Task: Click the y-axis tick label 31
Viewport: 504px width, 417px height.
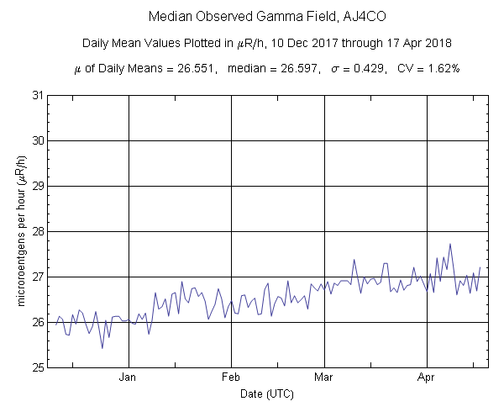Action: [x=36, y=95]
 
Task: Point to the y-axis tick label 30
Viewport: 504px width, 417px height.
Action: [x=36, y=140]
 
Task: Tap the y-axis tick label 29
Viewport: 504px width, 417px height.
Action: [x=36, y=186]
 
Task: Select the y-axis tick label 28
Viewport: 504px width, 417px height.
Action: [x=36, y=231]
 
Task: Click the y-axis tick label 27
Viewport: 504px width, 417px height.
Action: [x=36, y=277]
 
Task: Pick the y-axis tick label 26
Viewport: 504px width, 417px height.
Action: [x=36, y=322]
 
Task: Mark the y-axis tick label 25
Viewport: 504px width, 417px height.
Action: [x=36, y=367]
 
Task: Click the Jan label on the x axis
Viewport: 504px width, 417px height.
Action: [x=129, y=378]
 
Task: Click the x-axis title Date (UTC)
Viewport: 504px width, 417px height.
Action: [x=267, y=393]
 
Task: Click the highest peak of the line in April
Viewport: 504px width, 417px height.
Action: [x=450, y=244]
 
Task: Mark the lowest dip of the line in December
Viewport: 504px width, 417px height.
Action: [x=102, y=348]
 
